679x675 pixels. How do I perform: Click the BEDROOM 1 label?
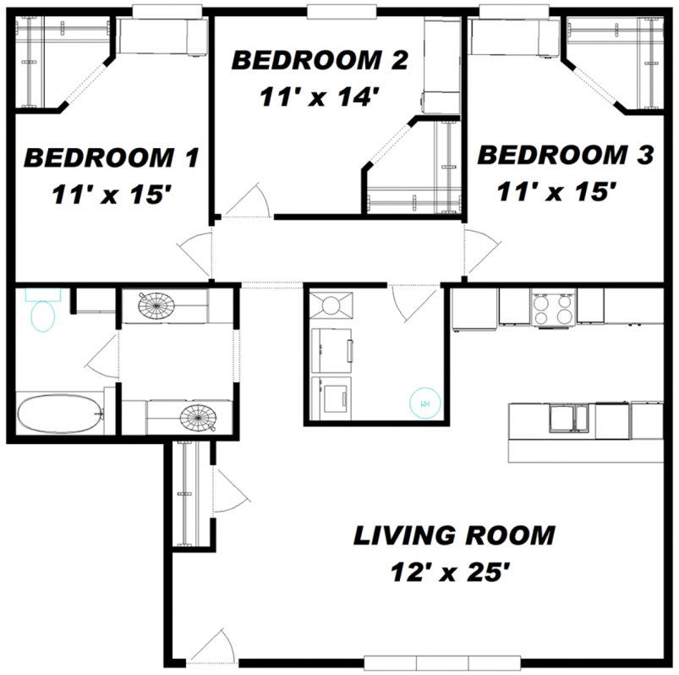coord(111,157)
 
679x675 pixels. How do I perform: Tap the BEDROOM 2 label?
coord(320,61)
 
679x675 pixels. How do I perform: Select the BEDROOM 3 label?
coord(565,156)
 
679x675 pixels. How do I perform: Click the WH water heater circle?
coord(425,403)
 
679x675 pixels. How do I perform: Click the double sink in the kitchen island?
coord(568,417)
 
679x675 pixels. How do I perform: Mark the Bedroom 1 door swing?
coord(194,252)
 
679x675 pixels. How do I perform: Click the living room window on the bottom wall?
coord(416,661)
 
